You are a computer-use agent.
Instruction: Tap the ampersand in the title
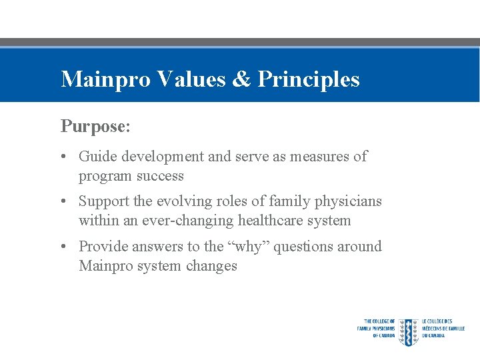tap(241, 79)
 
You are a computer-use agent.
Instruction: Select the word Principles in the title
tap(309, 79)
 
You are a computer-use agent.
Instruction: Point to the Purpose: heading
tap(93, 125)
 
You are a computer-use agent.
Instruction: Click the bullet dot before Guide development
tap(61, 157)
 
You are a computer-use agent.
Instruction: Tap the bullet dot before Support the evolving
tap(61, 202)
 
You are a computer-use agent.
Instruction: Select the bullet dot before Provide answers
tap(61, 247)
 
